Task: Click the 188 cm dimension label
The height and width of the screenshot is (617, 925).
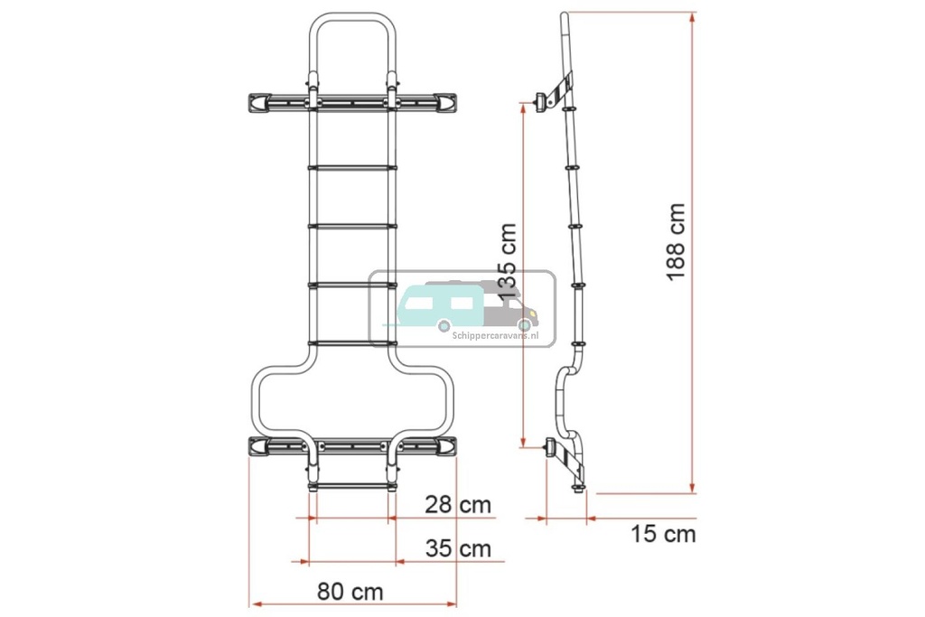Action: click(676, 241)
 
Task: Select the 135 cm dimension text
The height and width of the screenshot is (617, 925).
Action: click(508, 262)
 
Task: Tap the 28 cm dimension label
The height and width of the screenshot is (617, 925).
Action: click(458, 504)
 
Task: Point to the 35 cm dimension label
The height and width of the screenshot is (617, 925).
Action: click(458, 548)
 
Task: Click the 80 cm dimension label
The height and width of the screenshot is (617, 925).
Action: click(350, 593)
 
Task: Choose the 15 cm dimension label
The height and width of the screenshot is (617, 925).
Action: click(663, 534)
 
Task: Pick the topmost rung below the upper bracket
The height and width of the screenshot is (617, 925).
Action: click(352, 167)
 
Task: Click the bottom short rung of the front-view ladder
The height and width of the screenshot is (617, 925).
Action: click(352, 486)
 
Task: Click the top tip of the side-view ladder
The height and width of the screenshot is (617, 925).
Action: click(564, 16)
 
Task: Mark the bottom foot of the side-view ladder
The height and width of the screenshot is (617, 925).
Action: click(578, 489)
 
